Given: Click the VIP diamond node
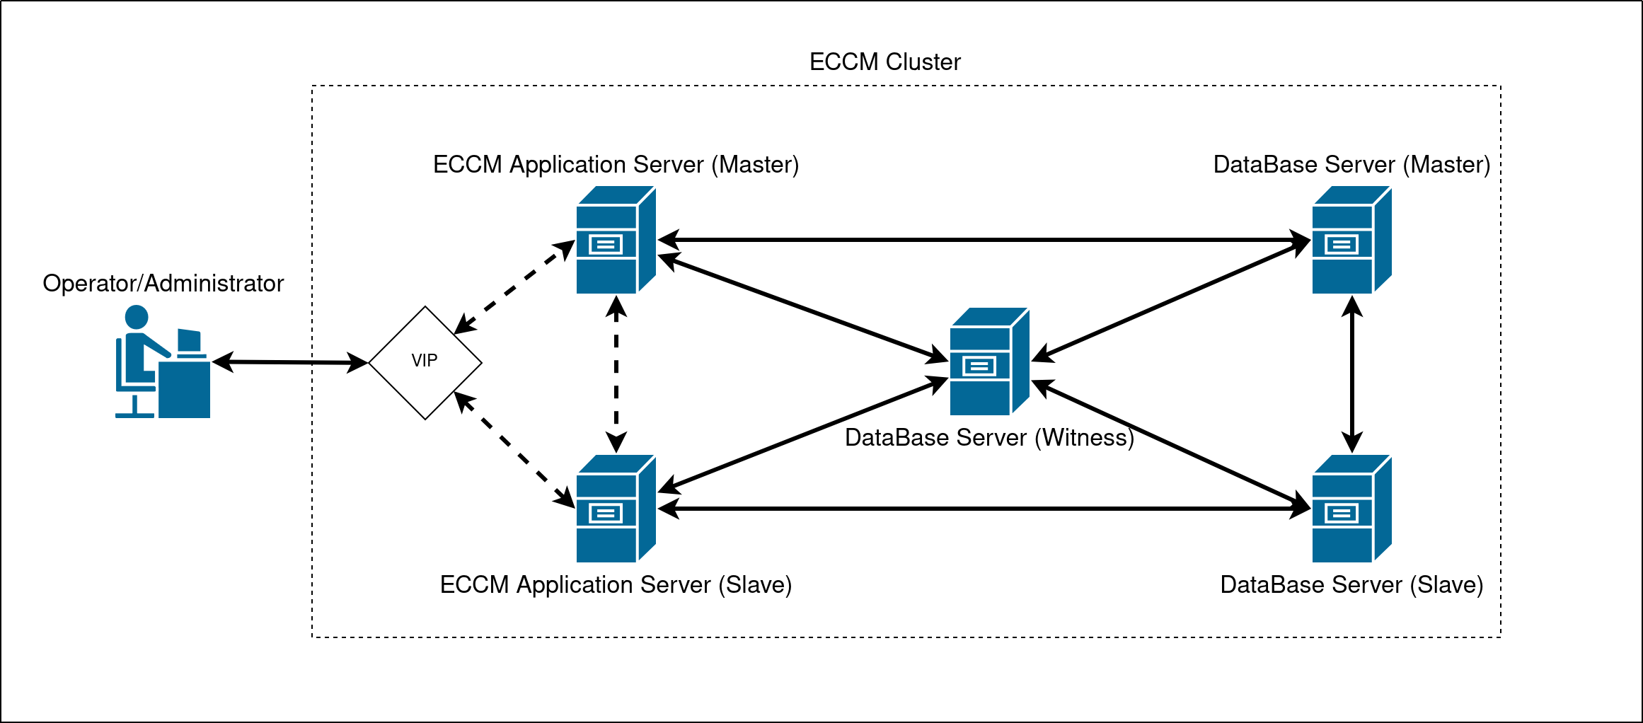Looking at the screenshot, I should coord(425,362).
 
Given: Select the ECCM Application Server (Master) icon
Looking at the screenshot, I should coord(616,240).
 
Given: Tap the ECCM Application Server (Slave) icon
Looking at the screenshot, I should coord(616,509).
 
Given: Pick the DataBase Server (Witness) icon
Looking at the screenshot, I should coord(989,361).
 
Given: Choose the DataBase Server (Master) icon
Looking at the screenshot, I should coord(1351,240).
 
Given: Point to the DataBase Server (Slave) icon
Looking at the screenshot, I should coord(1351,509).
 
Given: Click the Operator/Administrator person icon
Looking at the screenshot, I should coord(163,361).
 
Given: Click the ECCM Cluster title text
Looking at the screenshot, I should coord(884,62).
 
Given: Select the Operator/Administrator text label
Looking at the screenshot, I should coord(163,283).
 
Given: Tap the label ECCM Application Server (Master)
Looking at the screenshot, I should coord(616,164).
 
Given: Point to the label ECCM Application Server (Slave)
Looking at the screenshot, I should coord(616,584).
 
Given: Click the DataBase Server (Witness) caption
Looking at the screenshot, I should coord(989,437).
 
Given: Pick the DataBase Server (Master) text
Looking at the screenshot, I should coord(1351,164).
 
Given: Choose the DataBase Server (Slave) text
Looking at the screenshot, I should coord(1351,584).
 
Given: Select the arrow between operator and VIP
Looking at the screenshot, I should coord(290,362).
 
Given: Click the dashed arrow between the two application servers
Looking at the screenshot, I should coord(616,375).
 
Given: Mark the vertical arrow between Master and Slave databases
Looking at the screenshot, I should coord(1352,375).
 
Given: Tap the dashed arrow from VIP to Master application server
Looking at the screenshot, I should coord(514,287).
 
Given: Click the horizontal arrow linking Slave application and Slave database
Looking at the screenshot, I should coord(984,509).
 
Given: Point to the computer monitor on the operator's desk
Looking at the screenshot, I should coord(190,341).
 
